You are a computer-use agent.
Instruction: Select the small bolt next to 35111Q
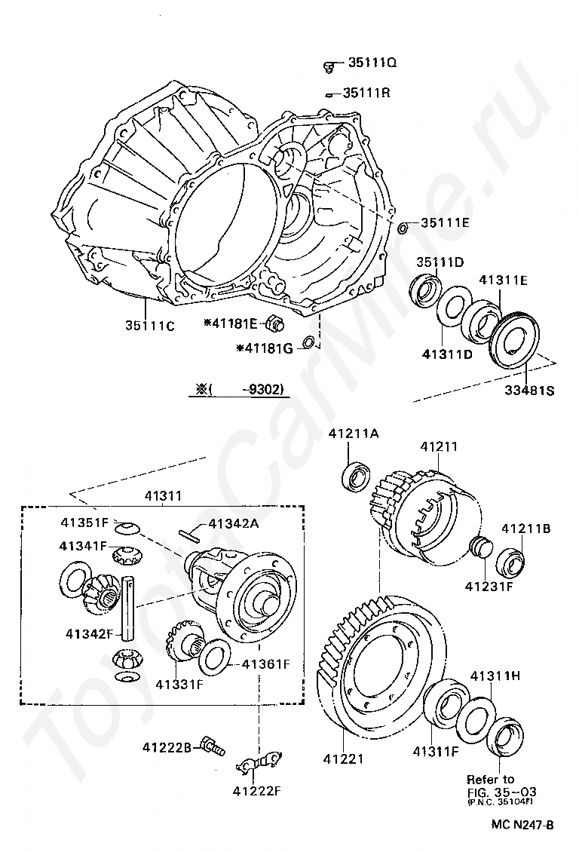(x=329, y=67)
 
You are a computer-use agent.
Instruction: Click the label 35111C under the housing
(x=150, y=326)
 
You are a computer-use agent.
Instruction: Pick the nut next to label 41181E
(x=274, y=324)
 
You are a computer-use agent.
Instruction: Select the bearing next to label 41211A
(x=357, y=477)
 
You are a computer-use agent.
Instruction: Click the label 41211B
(x=526, y=529)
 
